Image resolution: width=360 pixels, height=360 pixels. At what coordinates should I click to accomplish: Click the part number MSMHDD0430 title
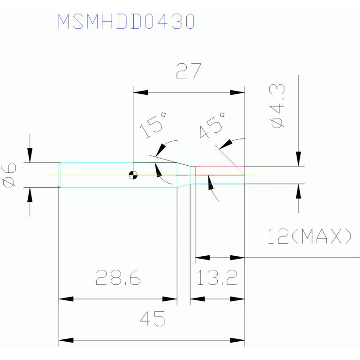tap(126, 21)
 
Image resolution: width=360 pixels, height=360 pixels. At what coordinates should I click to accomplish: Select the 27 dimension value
tap(189, 71)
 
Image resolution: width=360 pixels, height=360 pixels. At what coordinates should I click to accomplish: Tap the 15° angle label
tap(153, 125)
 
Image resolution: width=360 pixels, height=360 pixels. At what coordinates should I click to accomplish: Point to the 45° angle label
tap(212, 125)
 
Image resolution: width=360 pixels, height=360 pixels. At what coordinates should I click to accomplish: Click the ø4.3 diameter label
tap(278, 106)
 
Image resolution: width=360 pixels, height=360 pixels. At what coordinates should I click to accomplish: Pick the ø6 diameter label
tap(9, 175)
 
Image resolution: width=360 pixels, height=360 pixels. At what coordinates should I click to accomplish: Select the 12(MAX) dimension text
tap(309, 236)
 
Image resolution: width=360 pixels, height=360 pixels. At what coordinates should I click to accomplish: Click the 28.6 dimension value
tap(118, 277)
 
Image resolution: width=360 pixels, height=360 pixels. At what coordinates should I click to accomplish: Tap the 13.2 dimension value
tap(217, 277)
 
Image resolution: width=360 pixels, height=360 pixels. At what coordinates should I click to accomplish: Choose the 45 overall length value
tap(153, 319)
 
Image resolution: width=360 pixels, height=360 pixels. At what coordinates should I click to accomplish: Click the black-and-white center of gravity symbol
tap(133, 175)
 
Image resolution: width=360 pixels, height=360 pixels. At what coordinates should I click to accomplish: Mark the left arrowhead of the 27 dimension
tap(140, 92)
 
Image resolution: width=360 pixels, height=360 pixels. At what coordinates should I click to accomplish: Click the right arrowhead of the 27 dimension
tap(237, 92)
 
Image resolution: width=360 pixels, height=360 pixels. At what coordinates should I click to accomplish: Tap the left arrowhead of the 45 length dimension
tap(66, 340)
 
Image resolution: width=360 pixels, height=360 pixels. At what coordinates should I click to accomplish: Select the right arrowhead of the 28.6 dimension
tap(169, 299)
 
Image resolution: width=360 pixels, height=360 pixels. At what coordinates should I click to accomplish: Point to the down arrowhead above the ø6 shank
tap(30, 155)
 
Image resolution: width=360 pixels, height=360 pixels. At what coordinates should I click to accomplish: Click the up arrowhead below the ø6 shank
tap(30, 195)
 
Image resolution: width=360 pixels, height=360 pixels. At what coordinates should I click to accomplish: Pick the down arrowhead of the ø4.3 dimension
tap(298, 159)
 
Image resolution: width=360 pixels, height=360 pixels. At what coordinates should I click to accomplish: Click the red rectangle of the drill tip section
tap(220, 170)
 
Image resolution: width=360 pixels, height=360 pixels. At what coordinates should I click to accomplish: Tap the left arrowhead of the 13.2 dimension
tap(198, 299)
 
